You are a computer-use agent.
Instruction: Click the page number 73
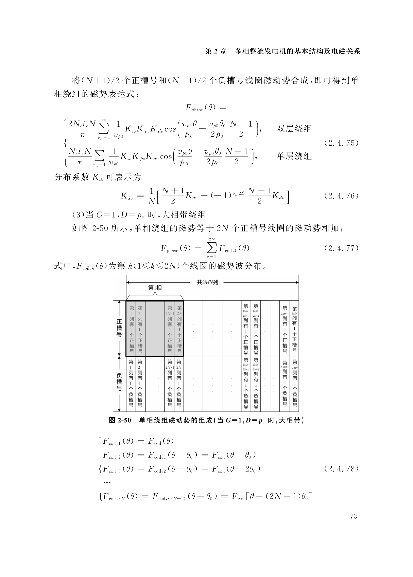(x=353, y=516)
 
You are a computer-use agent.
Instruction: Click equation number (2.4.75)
(x=341, y=143)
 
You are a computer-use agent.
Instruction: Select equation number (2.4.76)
(x=341, y=196)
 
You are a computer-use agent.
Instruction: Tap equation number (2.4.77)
(x=341, y=248)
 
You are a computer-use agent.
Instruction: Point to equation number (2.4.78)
(x=341, y=469)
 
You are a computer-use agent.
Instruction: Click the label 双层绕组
(x=294, y=129)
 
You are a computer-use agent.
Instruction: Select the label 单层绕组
(x=294, y=156)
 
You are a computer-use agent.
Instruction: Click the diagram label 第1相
(x=155, y=288)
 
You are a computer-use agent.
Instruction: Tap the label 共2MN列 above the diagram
(x=207, y=282)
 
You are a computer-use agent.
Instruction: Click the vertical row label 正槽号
(x=119, y=328)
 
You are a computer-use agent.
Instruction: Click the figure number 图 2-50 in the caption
(x=120, y=420)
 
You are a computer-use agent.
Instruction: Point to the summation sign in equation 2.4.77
(x=212, y=248)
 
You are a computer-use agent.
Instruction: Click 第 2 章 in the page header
(x=215, y=52)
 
